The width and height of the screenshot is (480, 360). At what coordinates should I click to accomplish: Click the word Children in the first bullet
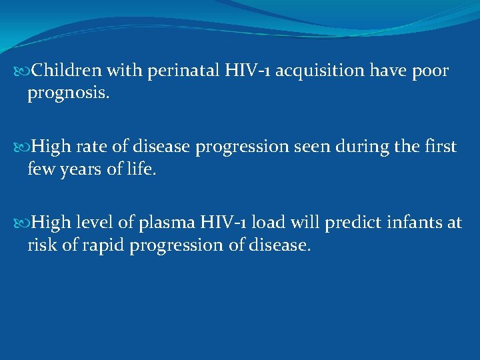tap(64, 71)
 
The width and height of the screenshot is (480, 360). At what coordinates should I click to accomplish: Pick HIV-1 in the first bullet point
tap(246, 71)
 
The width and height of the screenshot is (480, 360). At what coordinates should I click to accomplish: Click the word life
tap(141, 170)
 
